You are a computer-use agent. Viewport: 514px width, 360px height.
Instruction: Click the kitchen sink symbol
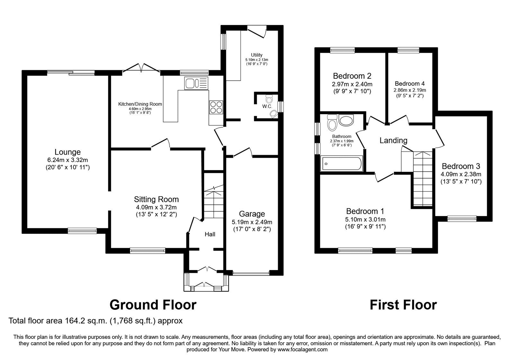196,83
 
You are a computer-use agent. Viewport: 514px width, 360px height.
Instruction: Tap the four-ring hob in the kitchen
216,107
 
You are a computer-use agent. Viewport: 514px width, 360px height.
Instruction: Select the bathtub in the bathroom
342,164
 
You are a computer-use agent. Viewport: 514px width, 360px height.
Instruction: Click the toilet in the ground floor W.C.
269,99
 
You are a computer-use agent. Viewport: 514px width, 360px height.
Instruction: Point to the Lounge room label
68,152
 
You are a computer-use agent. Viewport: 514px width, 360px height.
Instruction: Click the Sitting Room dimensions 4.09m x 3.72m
156,207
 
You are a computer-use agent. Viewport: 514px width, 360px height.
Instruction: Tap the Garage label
252,214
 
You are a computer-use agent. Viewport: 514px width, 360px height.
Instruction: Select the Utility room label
257,55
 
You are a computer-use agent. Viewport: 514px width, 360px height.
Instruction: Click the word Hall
210,234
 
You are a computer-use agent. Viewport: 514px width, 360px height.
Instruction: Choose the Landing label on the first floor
393,140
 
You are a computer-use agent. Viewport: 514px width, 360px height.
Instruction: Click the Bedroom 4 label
410,84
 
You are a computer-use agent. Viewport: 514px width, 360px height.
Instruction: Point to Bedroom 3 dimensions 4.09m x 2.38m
461,174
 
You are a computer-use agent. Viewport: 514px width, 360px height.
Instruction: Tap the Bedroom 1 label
365,211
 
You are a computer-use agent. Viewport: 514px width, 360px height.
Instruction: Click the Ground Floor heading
153,305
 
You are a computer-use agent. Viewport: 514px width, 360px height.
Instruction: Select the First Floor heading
403,305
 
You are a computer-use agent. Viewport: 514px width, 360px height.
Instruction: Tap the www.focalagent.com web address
302,350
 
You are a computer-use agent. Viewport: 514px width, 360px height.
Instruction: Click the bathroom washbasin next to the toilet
346,120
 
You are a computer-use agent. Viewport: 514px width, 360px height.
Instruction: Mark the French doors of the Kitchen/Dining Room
141,68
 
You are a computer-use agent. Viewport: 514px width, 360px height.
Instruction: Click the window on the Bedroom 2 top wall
342,50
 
